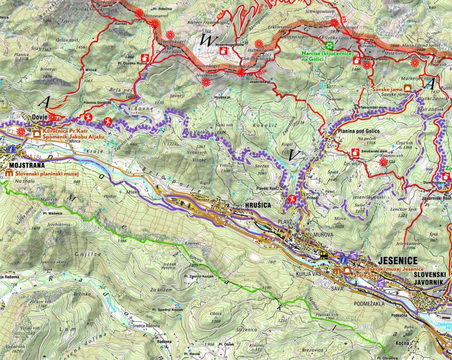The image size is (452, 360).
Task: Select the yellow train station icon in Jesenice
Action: [323, 256]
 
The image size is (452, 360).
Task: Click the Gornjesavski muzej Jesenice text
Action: [387, 269]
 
